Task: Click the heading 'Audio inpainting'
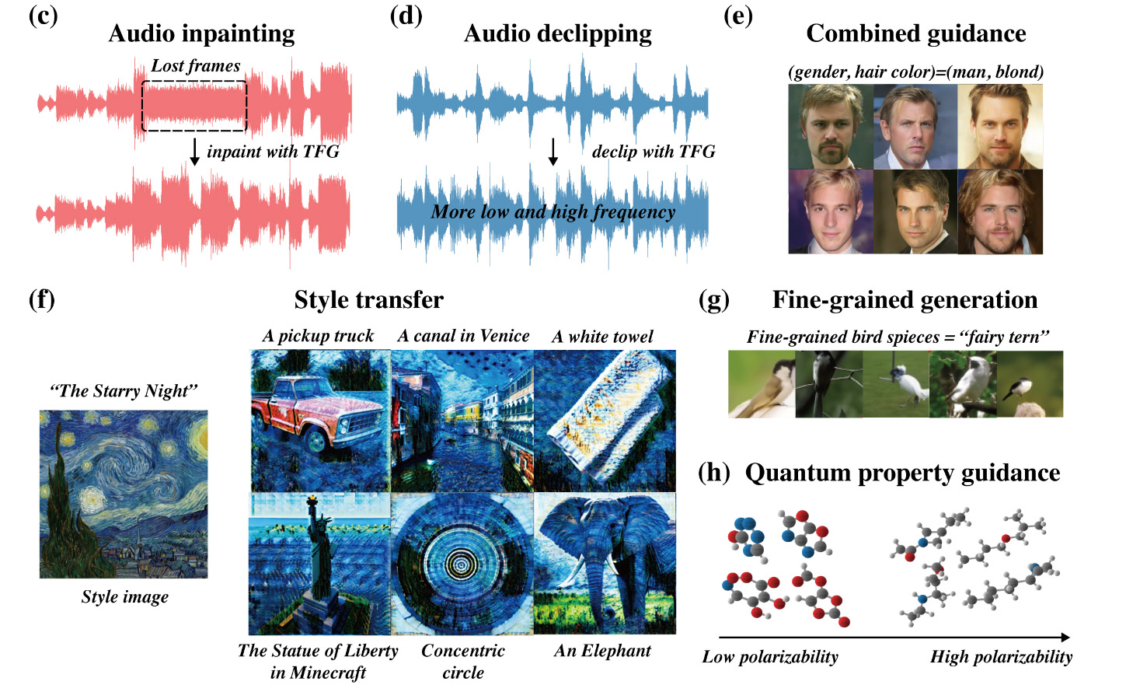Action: (201, 33)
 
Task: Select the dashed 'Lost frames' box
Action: (194, 105)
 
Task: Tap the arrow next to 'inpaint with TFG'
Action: (194, 151)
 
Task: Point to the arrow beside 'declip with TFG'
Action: (553, 152)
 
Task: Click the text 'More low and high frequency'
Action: (553, 211)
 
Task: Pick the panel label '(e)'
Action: (737, 16)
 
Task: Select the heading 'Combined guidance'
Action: (915, 33)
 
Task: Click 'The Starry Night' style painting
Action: (124, 494)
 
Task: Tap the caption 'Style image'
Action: (124, 597)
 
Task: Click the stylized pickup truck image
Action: (319, 421)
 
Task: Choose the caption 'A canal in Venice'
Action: (463, 336)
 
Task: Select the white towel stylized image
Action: (605, 421)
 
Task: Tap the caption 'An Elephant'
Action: (602, 651)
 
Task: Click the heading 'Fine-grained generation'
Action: (905, 300)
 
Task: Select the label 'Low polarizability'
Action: (770, 657)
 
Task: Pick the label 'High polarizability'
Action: (1001, 657)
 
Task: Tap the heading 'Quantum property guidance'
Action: (902, 473)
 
